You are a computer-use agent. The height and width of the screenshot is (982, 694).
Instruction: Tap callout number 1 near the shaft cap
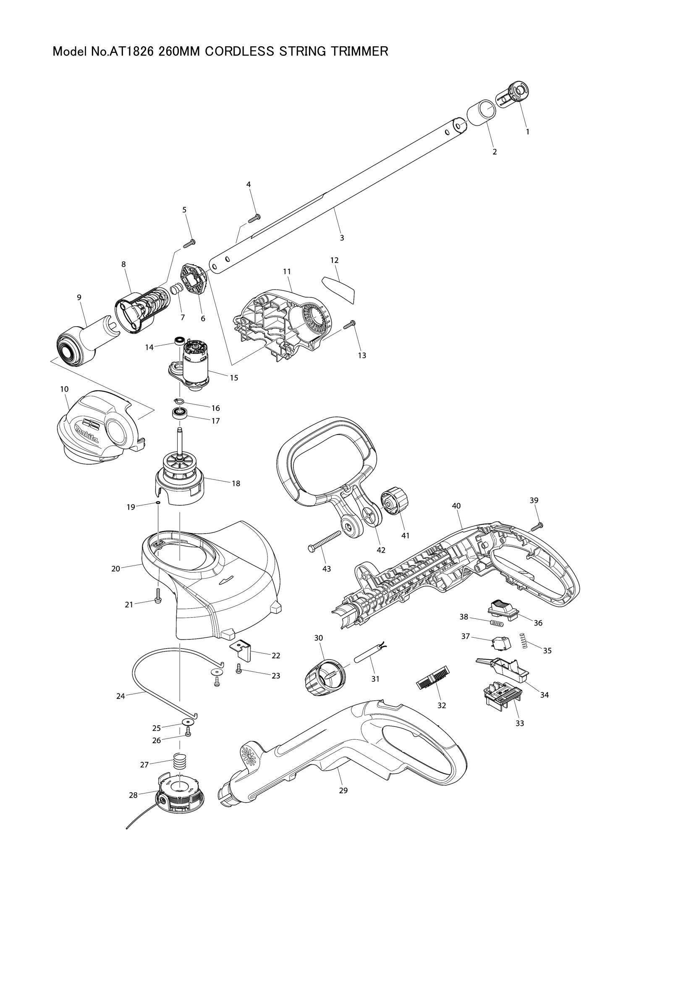[527, 132]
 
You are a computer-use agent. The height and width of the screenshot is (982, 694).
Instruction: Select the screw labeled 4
[254, 218]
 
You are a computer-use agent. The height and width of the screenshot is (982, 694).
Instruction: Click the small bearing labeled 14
[179, 340]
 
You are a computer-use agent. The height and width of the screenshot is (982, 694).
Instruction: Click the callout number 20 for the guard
[115, 569]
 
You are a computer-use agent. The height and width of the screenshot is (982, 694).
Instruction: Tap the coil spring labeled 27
[181, 761]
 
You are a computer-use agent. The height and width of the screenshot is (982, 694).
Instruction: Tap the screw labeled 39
[537, 526]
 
